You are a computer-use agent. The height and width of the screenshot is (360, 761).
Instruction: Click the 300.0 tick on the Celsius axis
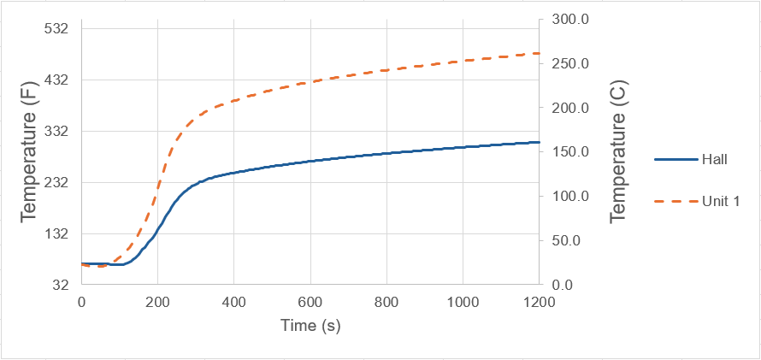click(565, 20)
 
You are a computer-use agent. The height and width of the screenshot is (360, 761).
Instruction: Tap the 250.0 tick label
click(565, 64)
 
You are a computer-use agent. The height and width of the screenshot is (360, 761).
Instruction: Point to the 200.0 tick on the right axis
click(565, 109)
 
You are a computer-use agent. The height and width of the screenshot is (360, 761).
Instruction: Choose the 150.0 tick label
click(565, 152)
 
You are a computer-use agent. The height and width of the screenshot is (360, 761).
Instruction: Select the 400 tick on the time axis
click(233, 301)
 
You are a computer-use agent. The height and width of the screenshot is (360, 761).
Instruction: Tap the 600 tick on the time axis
click(310, 301)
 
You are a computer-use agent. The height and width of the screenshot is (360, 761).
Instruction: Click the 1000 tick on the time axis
click(463, 301)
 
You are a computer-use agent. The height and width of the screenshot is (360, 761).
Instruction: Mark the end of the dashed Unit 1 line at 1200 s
click(540, 53)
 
